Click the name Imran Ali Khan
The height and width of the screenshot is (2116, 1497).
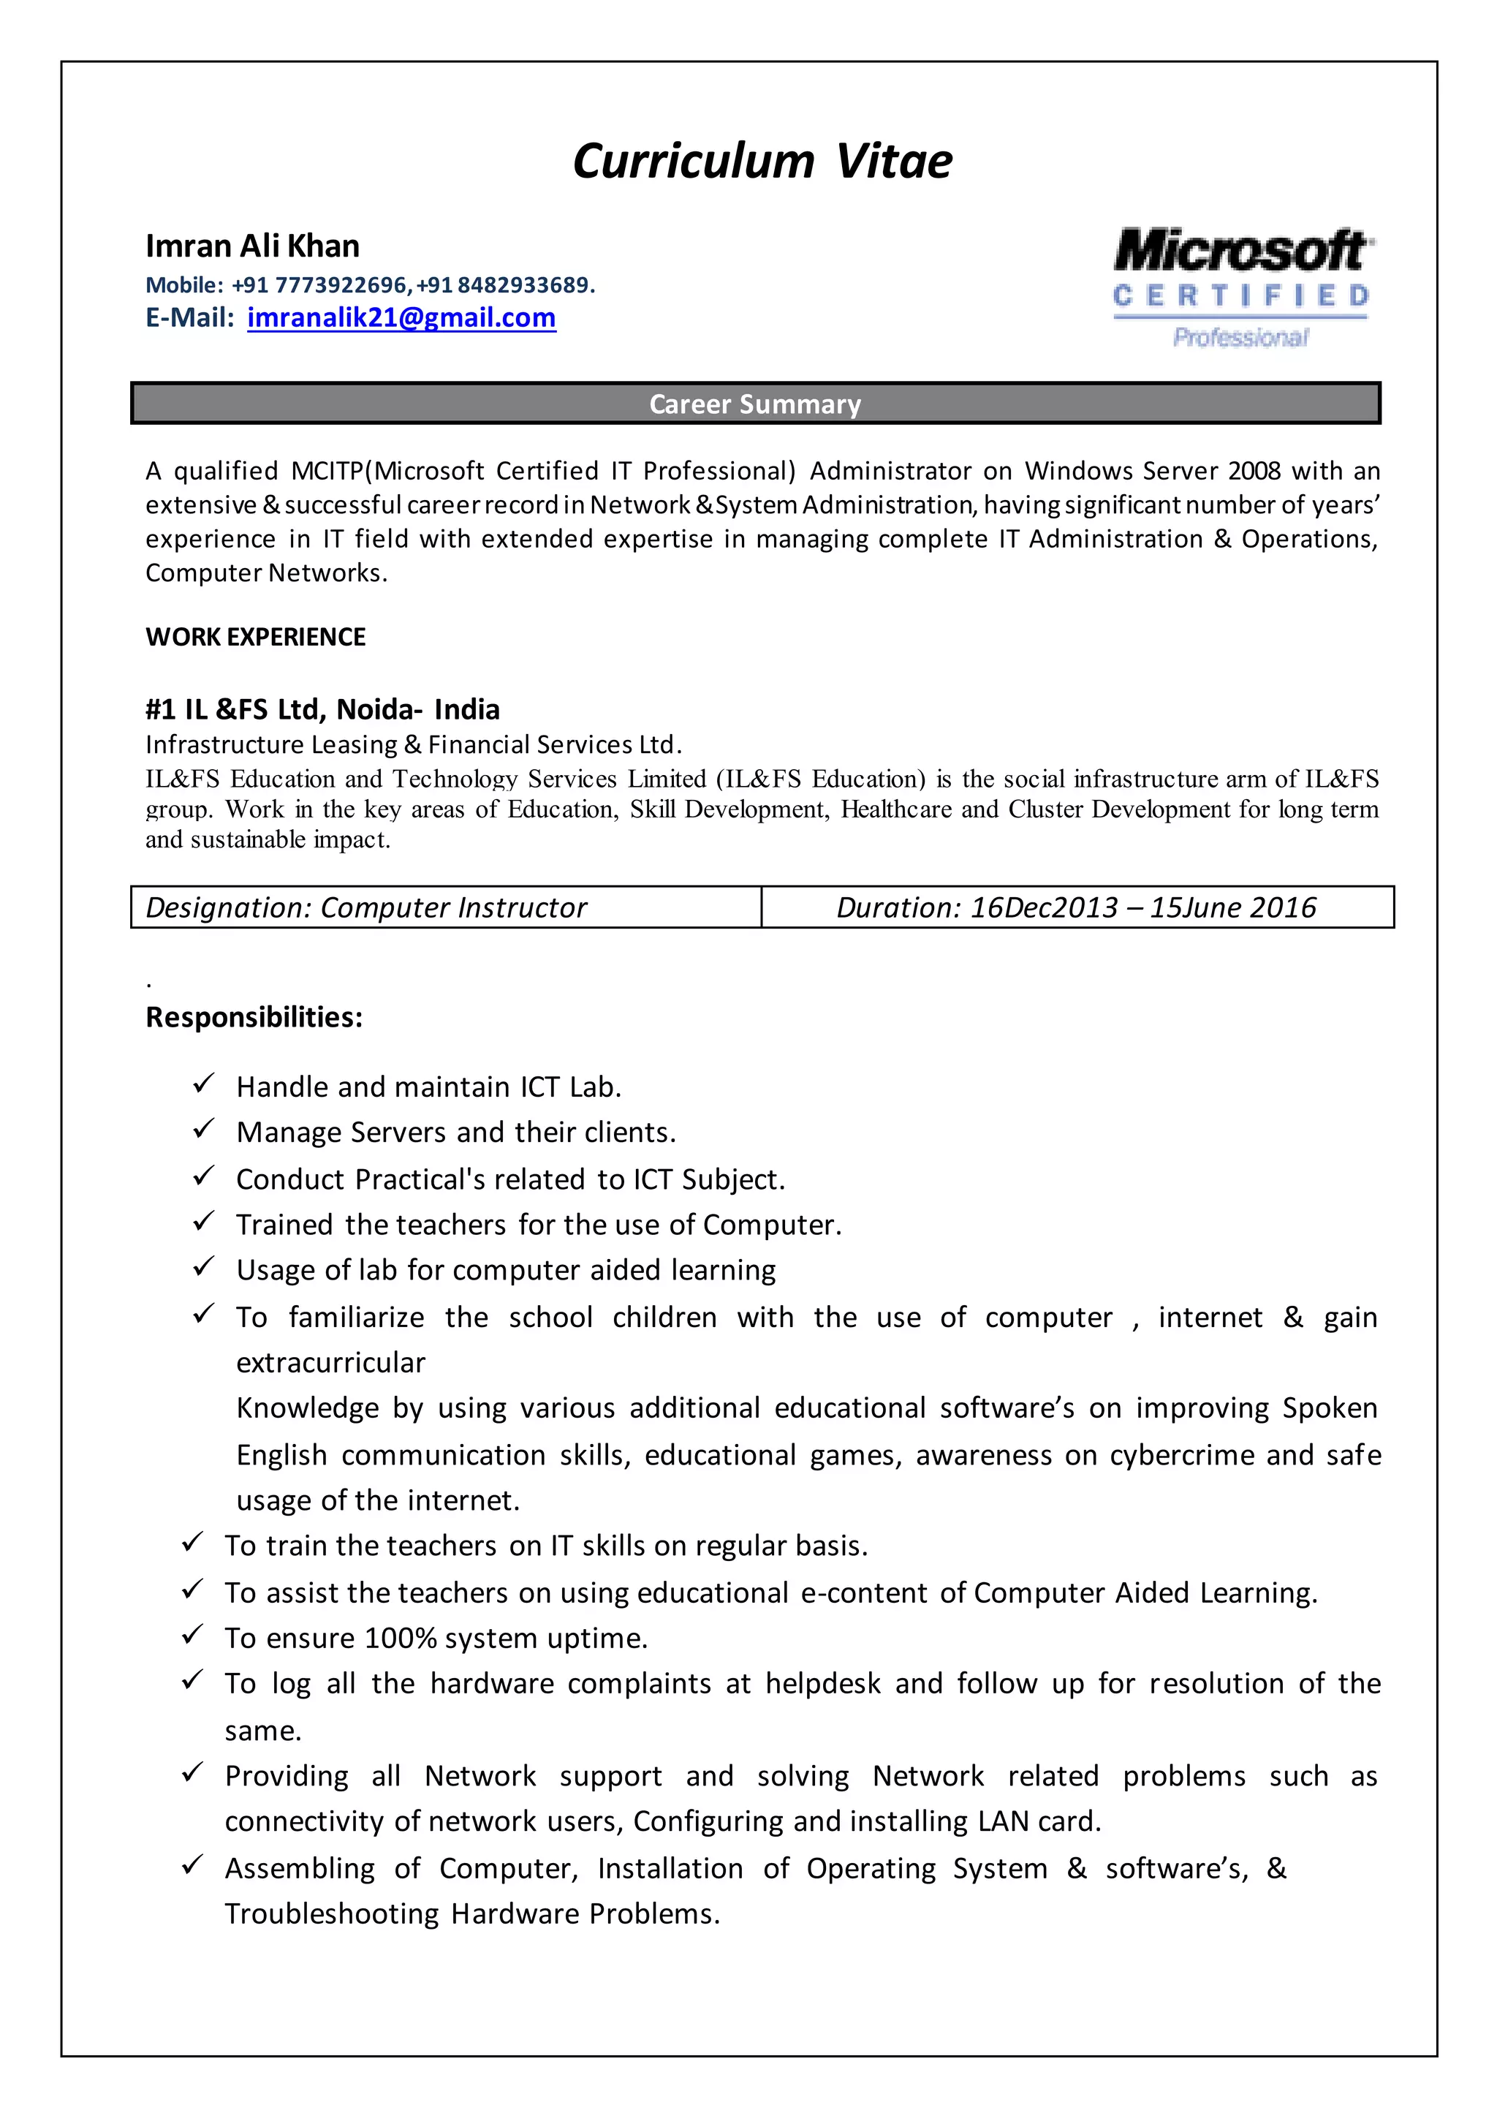253,246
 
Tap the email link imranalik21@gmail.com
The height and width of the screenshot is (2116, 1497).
401,317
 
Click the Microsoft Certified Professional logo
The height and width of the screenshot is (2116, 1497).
1242,287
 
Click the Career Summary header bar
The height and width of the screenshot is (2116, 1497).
755,404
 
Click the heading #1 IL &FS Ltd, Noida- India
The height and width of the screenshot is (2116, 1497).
322,709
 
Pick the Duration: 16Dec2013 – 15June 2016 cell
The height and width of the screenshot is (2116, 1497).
1076,908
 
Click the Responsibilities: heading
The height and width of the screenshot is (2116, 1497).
254,1017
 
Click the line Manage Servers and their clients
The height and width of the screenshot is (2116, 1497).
456,1133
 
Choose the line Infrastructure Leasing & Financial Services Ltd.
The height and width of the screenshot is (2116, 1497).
413,744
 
